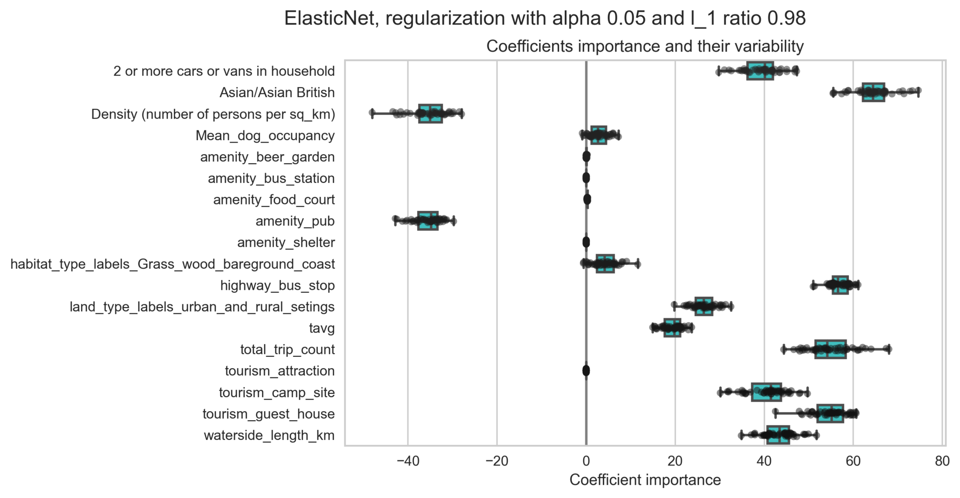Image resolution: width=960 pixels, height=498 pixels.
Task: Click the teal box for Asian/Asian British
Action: click(x=873, y=92)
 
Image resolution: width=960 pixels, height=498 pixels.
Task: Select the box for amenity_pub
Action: click(x=428, y=221)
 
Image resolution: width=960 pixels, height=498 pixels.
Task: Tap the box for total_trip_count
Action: click(x=830, y=349)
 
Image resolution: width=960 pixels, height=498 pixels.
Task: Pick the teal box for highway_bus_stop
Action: click(x=840, y=285)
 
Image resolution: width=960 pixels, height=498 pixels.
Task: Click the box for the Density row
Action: click(x=430, y=114)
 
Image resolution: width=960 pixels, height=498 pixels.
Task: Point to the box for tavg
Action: click(x=672, y=328)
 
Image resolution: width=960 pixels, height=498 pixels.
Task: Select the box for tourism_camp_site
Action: click(x=766, y=392)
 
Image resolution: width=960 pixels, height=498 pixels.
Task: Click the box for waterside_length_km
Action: click(x=778, y=435)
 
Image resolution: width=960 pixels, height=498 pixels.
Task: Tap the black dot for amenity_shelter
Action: click(x=586, y=242)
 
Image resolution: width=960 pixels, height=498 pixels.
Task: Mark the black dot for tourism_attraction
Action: click(x=586, y=371)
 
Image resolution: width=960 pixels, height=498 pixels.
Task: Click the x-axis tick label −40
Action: click(x=407, y=462)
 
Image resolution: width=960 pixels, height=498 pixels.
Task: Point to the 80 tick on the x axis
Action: click(x=942, y=462)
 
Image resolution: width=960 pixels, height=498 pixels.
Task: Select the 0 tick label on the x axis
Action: click(x=586, y=462)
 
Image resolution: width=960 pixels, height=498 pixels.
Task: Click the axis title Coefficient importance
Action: click(x=645, y=480)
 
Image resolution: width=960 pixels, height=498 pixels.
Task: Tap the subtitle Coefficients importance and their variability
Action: click(x=645, y=46)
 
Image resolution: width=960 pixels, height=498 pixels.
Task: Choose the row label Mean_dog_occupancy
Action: click(x=265, y=136)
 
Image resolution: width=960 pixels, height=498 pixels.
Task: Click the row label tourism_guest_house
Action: click(x=269, y=414)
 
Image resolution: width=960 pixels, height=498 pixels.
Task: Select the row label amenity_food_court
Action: click(x=274, y=200)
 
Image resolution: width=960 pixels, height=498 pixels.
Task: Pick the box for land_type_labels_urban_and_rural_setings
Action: click(x=704, y=307)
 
